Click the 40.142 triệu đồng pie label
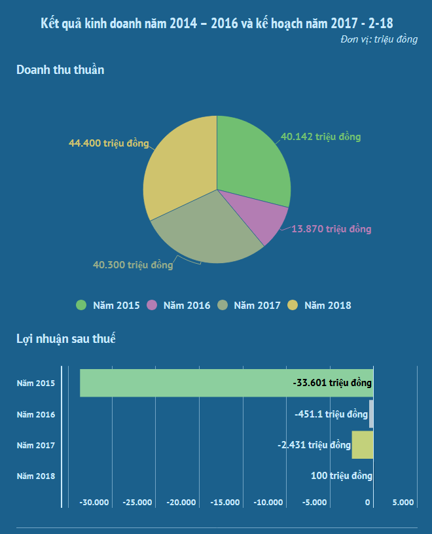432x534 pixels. pos(321,137)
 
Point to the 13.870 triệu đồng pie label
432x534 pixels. pos(331,229)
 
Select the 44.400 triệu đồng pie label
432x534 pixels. pos(109,143)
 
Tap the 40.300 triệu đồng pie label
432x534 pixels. pos(133,265)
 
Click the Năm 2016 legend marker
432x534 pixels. pos(153,305)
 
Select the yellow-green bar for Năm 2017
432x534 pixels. pos(363,445)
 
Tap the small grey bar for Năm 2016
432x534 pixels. pos(371,414)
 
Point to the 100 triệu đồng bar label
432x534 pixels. pos(342,476)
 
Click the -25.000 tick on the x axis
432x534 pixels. pos(137,503)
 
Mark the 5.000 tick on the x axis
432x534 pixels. pos(403,503)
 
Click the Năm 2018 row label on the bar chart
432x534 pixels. pos(36,476)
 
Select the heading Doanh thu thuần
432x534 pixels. pos(60,70)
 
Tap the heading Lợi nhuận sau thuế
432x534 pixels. pos(66,338)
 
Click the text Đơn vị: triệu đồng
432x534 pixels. pos(379,40)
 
